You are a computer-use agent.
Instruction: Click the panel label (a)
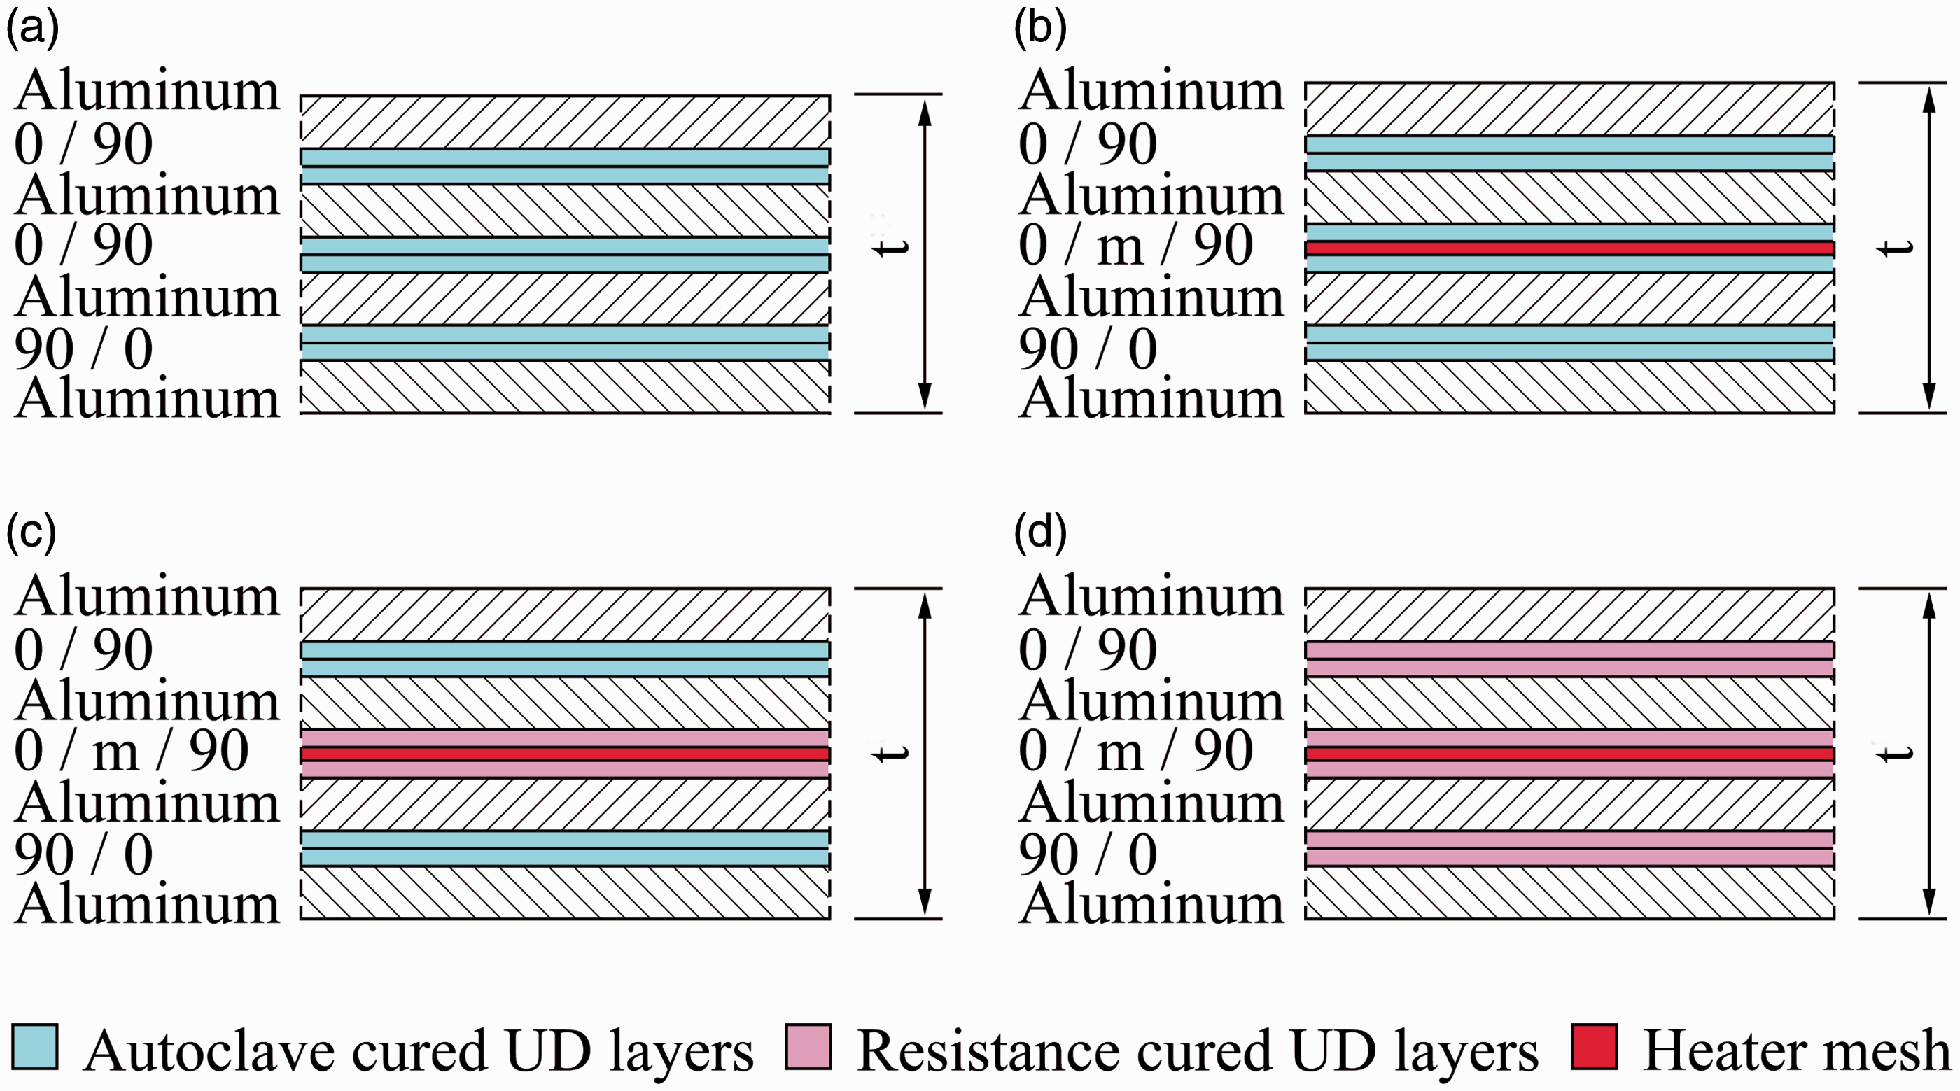coord(32,29)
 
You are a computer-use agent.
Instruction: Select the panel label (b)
coord(1040,29)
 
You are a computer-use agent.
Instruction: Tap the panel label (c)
coord(31,533)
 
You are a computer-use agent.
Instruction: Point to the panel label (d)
coord(1040,533)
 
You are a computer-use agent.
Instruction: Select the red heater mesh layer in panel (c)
coord(566,754)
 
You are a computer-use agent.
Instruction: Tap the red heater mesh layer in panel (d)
coord(1569,754)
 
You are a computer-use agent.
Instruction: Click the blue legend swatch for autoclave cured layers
coord(35,1048)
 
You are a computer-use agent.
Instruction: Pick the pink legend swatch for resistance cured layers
coord(808,1048)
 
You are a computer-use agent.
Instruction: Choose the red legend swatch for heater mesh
coord(1594,1048)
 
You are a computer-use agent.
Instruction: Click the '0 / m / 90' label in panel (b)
coord(1135,246)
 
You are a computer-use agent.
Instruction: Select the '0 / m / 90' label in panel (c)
coord(131,751)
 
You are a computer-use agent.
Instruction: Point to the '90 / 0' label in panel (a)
coord(84,349)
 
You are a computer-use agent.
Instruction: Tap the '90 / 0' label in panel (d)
coord(1088,854)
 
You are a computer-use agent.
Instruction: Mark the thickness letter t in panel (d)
coord(1896,753)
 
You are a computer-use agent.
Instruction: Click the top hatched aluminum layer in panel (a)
coord(566,122)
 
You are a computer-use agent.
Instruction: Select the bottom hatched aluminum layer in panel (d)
coord(1569,892)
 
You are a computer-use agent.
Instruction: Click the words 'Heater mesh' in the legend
coord(1796,1050)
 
